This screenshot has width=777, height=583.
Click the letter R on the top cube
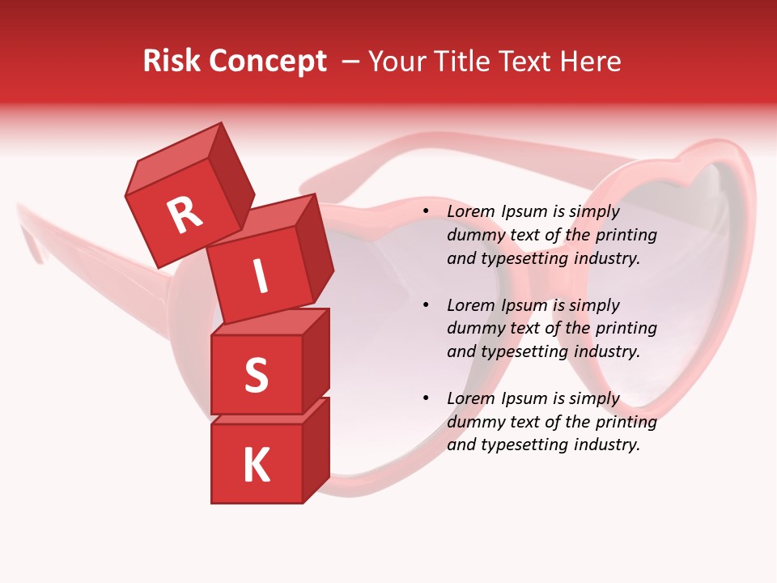pos(185,215)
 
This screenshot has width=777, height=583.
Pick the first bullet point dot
pos(426,212)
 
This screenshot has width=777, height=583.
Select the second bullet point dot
pos(426,306)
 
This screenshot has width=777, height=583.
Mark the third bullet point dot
pos(426,399)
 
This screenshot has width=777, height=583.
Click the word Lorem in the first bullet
pos(469,212)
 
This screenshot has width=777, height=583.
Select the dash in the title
pos(350,62)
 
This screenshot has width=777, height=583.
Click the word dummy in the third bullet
pos(474,422)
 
